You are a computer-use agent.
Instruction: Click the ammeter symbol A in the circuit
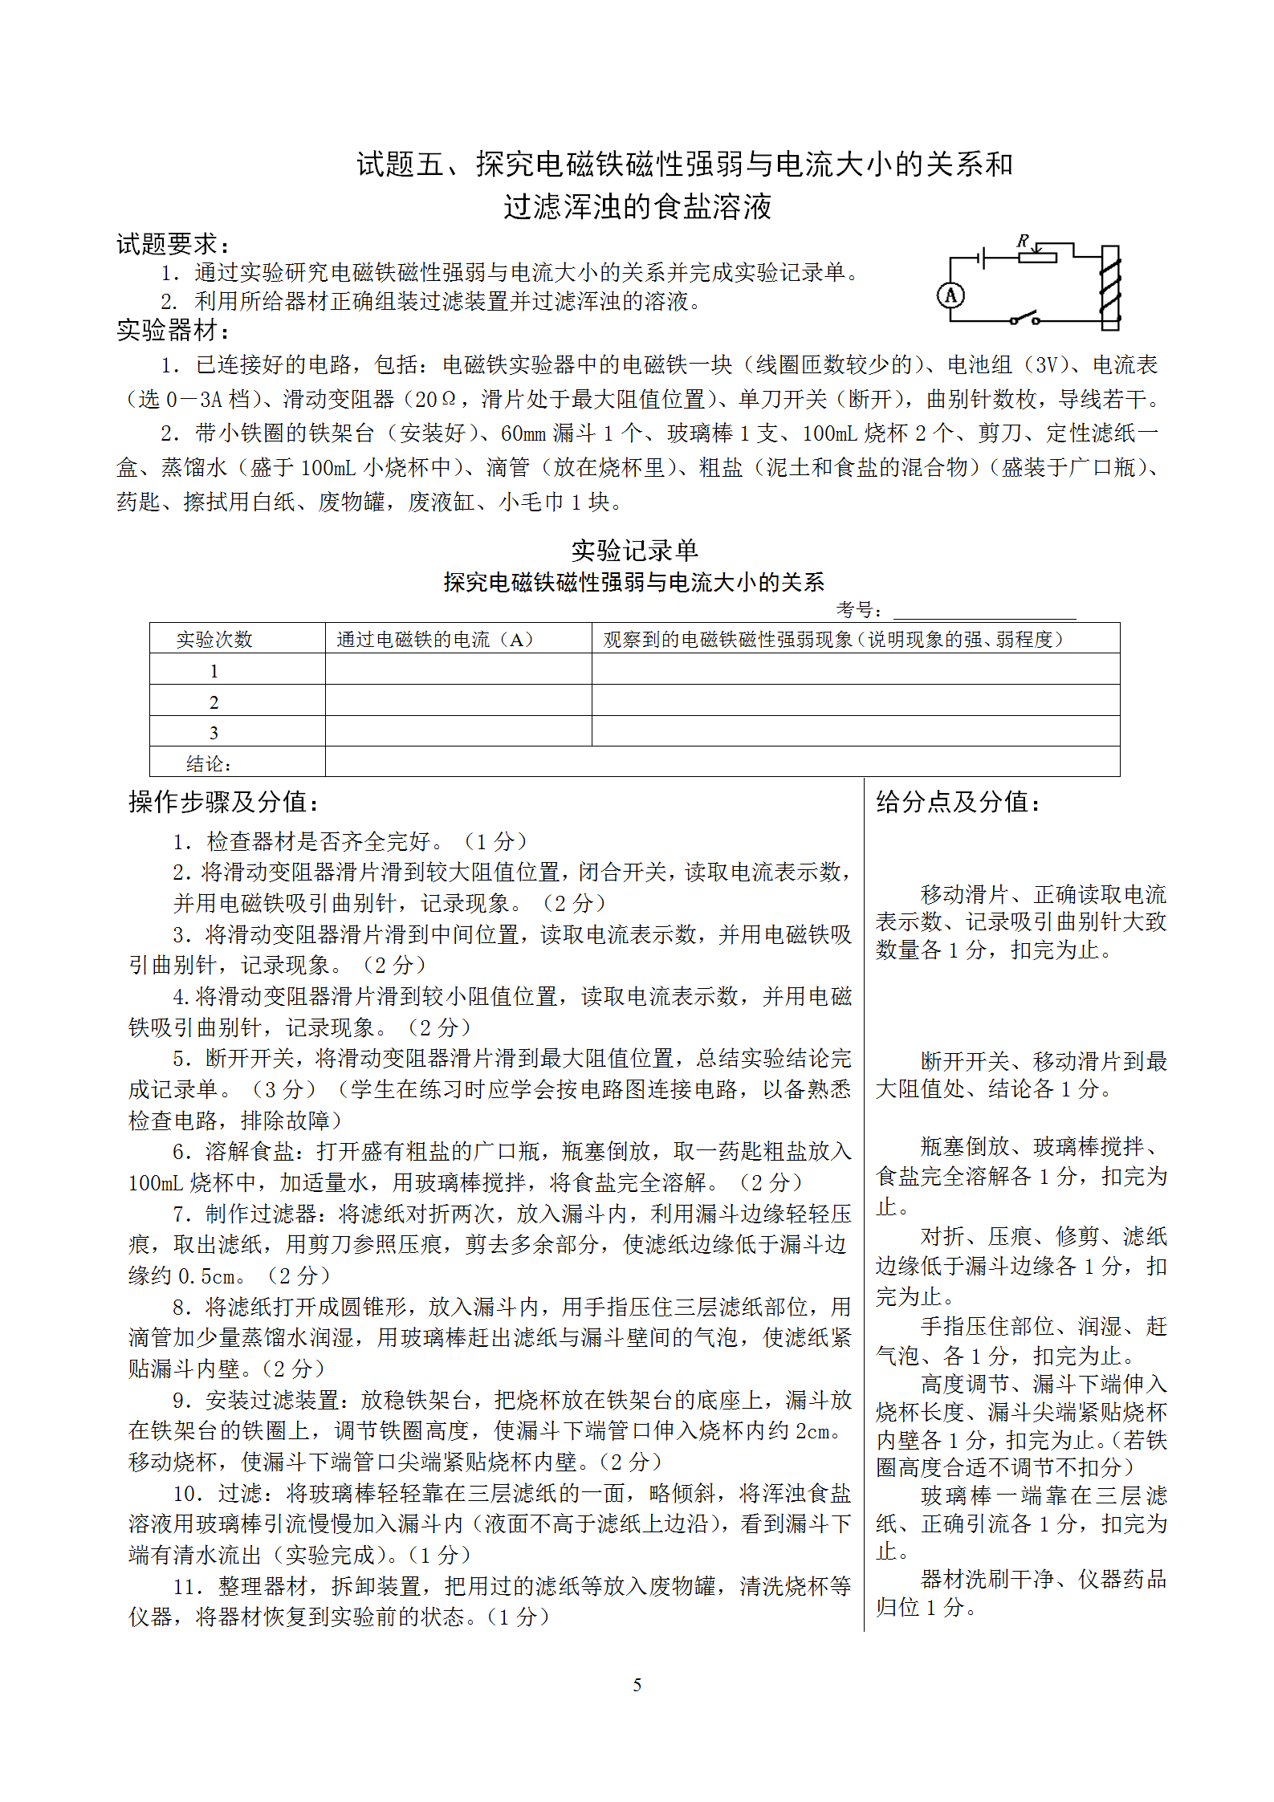[x=950, y=295]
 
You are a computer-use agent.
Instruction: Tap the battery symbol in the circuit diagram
[x=982, y=258]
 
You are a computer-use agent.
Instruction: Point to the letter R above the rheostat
[x=1023, y=240]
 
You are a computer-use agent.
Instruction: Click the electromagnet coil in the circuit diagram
[x=1110, y=287]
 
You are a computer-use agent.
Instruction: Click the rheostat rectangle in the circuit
[x=1037, y=257]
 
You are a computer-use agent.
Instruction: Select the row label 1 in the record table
[x=214, y=670]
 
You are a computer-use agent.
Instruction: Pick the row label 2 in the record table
[x=214, y=702]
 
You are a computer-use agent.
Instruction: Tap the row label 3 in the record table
[x=214, y=732]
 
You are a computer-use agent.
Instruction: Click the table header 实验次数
[x=214, y=639]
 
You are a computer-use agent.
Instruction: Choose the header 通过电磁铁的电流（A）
[x=434, y=639]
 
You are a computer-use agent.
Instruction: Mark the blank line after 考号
[x=984, y=612]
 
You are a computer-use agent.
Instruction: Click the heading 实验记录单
[x=634, y=551]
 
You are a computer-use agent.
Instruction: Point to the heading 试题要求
[x=172, y=244]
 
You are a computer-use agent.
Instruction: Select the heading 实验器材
[x=172, y=329]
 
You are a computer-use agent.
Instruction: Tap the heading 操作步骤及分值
[x=224, y=801]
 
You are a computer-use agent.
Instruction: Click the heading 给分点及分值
[x=958, y=801]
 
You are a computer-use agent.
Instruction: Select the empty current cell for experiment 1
[x=458, y=669]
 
